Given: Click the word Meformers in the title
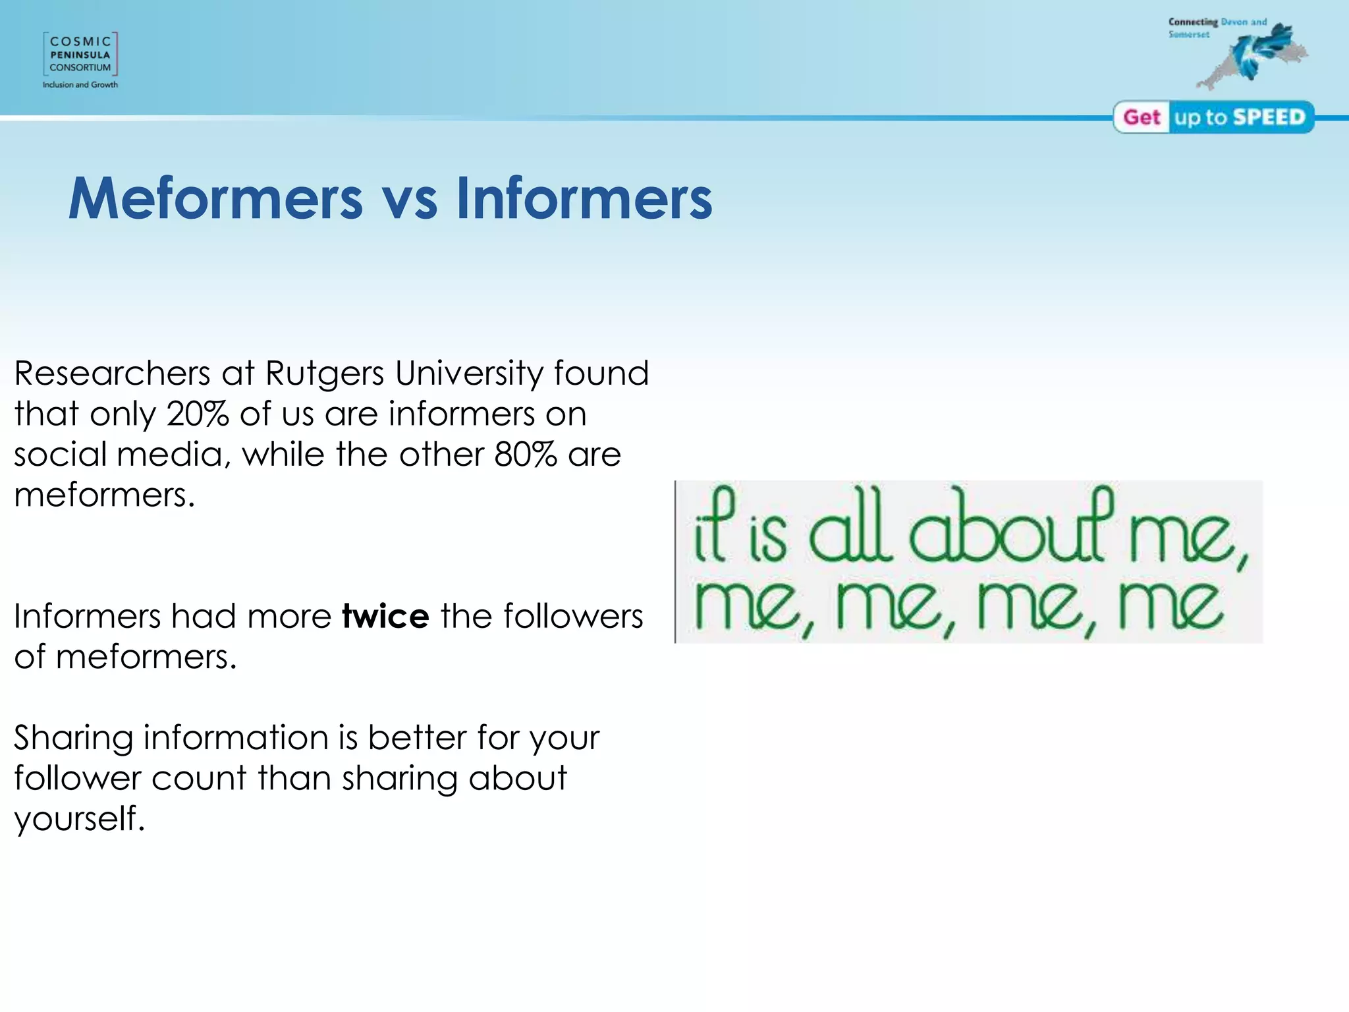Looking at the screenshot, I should coord(215,198).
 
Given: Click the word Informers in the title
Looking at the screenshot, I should coord(584,198).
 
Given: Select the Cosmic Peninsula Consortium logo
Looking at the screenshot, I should coord(80,54).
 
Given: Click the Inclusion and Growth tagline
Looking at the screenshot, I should coord(80,85).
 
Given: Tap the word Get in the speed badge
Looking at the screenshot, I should coord(1142,117).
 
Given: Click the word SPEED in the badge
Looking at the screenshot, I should coord(1269,117).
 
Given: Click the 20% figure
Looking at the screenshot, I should coord(198,414).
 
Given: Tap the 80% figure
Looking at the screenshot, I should coord(526,455).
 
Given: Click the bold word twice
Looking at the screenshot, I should coord(385,617).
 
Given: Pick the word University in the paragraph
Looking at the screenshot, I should coord(469,374).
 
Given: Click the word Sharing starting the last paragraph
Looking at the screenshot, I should coord(72,738).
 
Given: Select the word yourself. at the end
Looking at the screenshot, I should coord(79,819).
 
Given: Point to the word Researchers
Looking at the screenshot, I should coord(112,374).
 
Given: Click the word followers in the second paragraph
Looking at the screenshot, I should coord(572,617).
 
